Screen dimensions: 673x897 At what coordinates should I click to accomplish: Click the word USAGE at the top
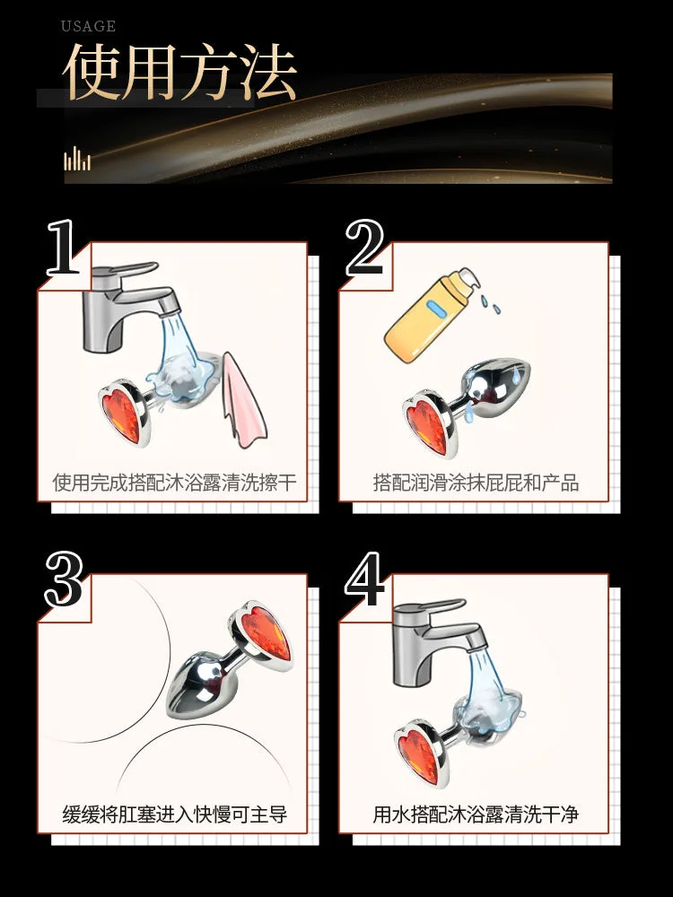(x=88, y=26)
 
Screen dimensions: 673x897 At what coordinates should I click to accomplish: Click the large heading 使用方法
(x=179, y=72)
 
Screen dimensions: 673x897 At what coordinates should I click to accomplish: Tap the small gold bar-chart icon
(x=77, y=159)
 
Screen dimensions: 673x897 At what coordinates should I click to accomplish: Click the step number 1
(x=62, y=248)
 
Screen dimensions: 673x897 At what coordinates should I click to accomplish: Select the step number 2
(x=364, y=248)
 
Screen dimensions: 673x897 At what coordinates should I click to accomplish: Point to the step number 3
(x=64, y=579)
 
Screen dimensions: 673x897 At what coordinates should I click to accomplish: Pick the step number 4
(x=365, y=579)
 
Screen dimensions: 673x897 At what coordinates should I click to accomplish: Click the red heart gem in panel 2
(x=424, y=425)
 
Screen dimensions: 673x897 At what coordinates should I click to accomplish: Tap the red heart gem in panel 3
(x=267, y=632)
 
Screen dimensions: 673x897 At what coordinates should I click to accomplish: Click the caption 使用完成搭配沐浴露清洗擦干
(x=175, y=483)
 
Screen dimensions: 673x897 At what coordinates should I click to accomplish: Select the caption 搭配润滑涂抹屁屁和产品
(x=476, y=483)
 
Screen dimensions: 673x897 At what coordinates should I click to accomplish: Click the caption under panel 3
(x=175, y=814)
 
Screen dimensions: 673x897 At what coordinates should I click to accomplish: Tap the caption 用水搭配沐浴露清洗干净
(x=476, y=814)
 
